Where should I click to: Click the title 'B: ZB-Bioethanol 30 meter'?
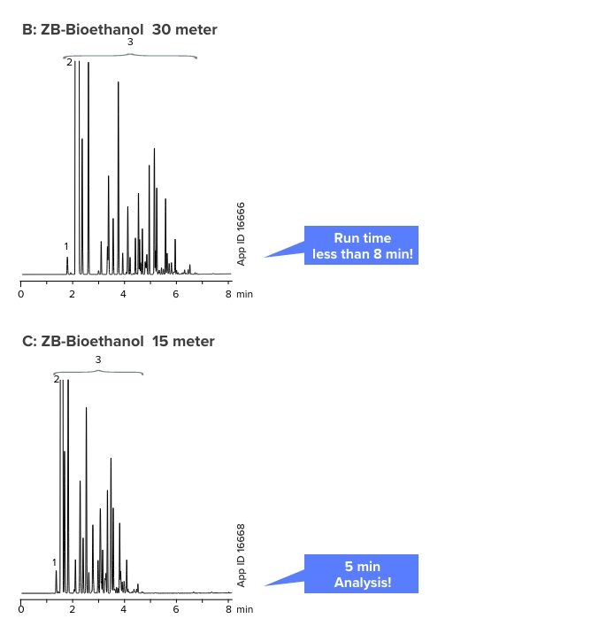click(x=119, y=29)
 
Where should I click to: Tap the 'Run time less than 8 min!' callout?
click(x=361, y=246)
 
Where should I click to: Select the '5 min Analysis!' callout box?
click(x=361, y=574)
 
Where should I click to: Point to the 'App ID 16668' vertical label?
click(x=242, y=556)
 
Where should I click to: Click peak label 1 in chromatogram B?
click(x=66, y=246)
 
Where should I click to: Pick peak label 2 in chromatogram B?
click(x=69, y=62)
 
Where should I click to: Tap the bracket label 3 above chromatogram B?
click(x=130, y=42)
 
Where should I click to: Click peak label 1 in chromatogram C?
click(x=54, y=562)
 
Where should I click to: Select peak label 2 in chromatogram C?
click(x=57, y=379)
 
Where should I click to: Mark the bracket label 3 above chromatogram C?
click(x=98, y=360)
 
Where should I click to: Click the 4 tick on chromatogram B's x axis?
click(x=124, y=294)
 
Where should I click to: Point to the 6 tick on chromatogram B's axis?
click(x=176, y=294)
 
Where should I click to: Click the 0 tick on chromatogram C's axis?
click(x=20, y=610)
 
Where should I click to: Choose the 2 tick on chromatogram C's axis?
click(x=73, y=610)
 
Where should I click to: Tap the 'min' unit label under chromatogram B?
click(x=244, y=294)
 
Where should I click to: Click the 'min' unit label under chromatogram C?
click(x=244, y=610)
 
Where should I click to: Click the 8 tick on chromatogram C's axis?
click(x=227, y=610)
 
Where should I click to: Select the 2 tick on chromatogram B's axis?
click(x=73, y=294)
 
